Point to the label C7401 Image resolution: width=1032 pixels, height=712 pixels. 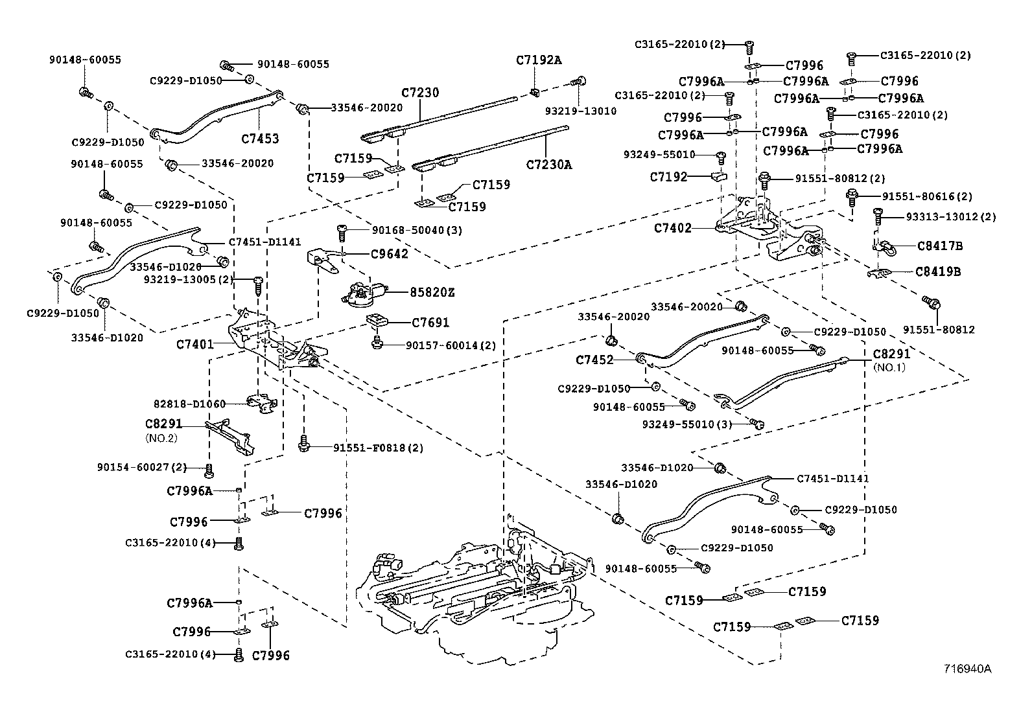[194, 344]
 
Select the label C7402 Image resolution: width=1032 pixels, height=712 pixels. [672, 228]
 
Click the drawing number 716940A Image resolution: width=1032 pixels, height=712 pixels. [967, 669]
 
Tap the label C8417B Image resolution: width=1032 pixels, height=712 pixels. [940, 246]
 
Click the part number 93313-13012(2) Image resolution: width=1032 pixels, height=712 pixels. [951, 217]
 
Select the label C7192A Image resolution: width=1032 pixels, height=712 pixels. [539, 60]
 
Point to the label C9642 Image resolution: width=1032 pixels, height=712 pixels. [390, 254]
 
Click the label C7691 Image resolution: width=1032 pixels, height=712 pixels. [430, 323]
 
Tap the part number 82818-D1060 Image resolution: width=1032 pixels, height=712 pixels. [189, 404]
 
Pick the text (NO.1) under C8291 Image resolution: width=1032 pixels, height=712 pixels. [889, 367]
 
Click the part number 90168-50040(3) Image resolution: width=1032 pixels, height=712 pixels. [417, 231]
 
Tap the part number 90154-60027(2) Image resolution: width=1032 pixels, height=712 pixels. [141, 467]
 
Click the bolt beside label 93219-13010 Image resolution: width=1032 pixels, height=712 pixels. [579, 82]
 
